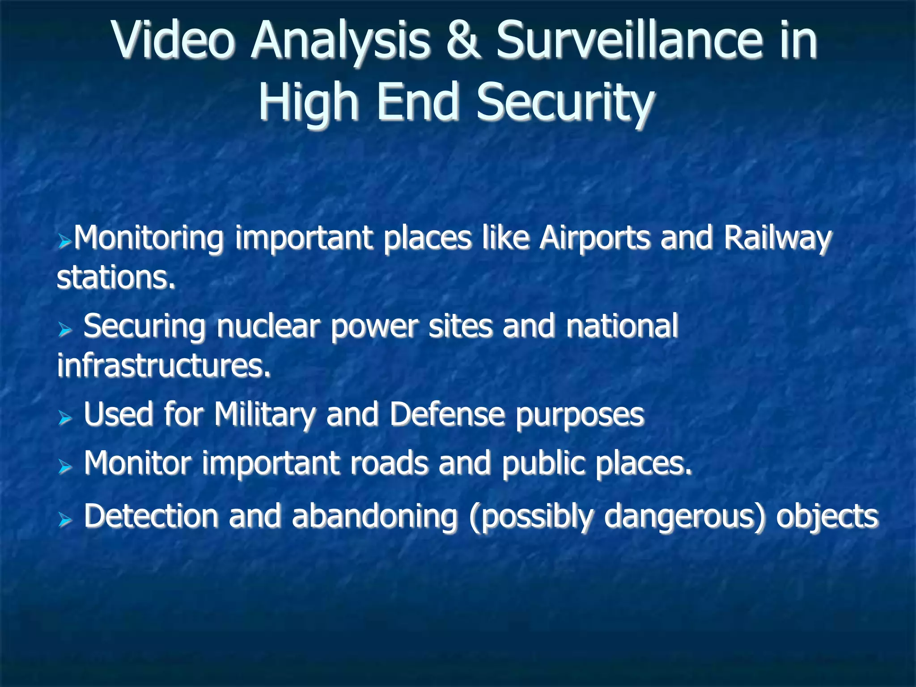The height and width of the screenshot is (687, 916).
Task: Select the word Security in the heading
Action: point(565,102)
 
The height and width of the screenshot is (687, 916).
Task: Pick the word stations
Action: point(116,277)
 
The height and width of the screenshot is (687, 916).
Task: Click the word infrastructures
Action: point(164,365)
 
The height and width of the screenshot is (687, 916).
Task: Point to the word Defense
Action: point(447,414)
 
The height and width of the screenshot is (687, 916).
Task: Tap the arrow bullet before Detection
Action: point(65,520)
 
